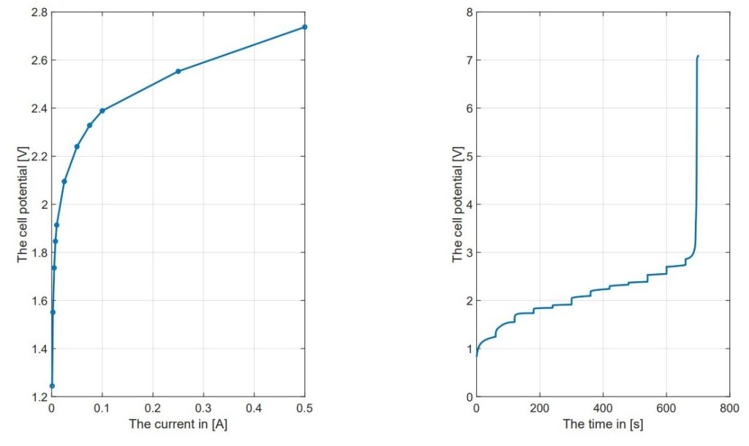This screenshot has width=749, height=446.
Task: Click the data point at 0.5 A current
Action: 305,27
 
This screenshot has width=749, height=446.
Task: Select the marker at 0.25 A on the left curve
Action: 178,71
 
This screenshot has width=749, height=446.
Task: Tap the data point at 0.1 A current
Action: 102,111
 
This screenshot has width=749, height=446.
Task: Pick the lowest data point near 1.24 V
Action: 52,385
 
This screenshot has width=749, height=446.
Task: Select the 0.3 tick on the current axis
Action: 203,409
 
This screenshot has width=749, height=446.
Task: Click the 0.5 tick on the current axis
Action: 304,409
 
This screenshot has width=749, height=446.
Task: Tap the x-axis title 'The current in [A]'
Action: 178,424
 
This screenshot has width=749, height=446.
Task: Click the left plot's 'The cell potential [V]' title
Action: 23,204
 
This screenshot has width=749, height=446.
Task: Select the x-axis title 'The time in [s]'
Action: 603,424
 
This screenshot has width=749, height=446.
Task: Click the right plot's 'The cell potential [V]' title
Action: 458,204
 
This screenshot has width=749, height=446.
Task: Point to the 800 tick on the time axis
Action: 729,409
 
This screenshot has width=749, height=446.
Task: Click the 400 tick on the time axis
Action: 603,409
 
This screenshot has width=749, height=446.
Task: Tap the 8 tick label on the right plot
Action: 468,12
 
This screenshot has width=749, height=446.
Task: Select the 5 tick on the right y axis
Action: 468,157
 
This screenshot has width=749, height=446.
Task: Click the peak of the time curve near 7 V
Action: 698,56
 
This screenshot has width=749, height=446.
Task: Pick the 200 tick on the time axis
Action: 539,409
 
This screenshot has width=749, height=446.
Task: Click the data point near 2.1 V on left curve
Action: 64,182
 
